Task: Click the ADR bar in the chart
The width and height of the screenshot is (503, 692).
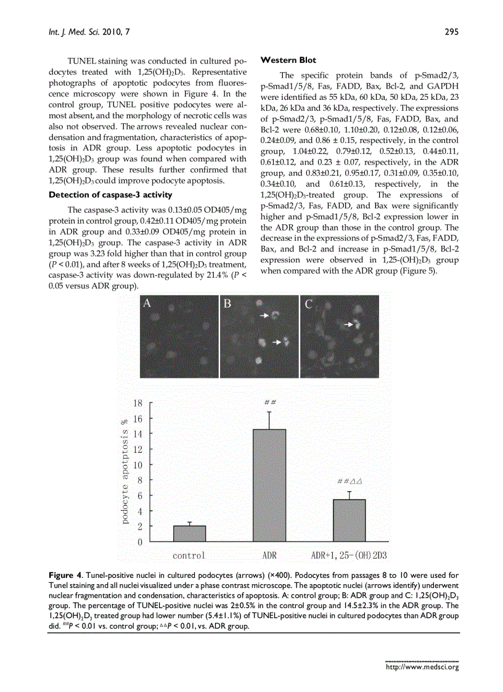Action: pyautogui.click(x=269, y=486)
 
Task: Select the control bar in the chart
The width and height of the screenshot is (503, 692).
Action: pyautogui.click(x=189, y=534)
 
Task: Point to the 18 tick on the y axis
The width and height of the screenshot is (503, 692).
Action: pyautogui.click(x=137, y=403)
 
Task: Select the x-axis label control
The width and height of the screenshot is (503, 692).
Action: pyautogui.click(x=189, y=556)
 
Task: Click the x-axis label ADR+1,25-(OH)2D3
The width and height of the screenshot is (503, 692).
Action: pyautogui.click(x=349, y=556)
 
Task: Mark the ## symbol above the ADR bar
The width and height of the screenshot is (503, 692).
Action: pyautogui.click(x=269, y=402)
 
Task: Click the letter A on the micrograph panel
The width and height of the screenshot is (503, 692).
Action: pyautogui.click(x=147, y=303)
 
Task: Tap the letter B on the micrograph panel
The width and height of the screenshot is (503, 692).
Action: pyautogui.click(x=227, y=303)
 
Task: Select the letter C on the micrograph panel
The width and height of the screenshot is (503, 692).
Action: pyautogui.click(x=308, y=303)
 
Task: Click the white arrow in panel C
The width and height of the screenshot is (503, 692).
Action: pyautogui.click(x=350, y=323)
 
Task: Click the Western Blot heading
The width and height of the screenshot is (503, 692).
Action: pyautogui.click(x=288, y=60)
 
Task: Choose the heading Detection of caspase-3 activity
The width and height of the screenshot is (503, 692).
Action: pyautogui.click(x=110, y=195)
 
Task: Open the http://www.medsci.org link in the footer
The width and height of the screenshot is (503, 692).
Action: pyautogui.click(x=422, y=666)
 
